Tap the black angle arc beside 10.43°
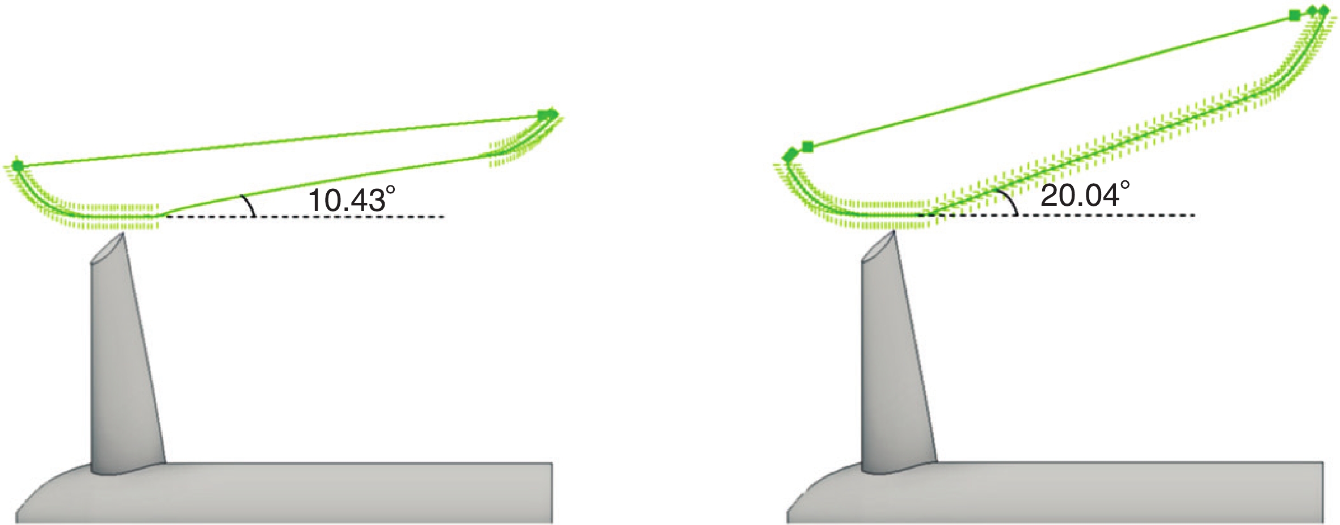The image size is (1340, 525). click(x=249, y=205)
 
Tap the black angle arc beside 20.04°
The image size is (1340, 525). click(x=1010, y=201)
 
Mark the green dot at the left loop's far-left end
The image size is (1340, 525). click(x=18, y=166)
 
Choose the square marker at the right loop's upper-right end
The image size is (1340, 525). click(x=1294, y=15)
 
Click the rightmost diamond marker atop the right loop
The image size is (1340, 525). click(x=1324, y=10)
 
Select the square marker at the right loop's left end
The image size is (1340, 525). click(x=808, y=147)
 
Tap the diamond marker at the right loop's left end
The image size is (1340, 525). click(x=790, y=154)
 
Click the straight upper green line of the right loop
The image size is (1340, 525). click(x=1050, y=81)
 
